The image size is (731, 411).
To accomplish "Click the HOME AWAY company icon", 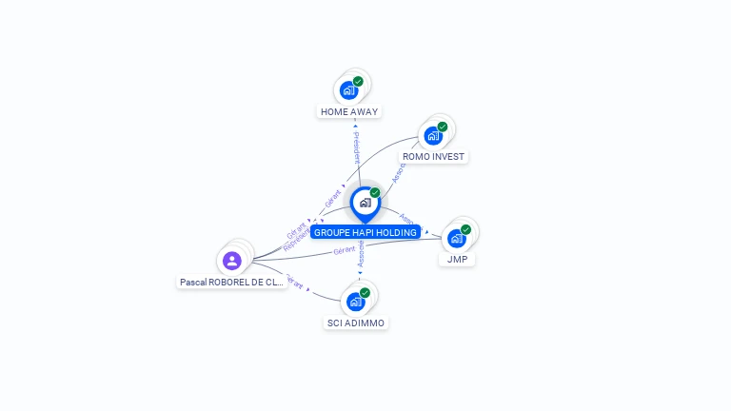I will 348,91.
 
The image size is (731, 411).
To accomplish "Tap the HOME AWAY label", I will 349,111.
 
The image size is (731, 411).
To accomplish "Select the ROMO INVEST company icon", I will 433,136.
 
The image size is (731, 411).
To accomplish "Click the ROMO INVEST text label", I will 434,156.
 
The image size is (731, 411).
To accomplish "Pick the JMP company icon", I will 457,239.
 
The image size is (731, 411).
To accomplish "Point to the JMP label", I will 457,259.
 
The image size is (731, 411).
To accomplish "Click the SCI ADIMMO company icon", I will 355,303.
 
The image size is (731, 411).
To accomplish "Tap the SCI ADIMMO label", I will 355,323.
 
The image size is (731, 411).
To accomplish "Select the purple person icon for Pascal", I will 232,261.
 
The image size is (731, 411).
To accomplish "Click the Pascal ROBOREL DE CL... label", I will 232,282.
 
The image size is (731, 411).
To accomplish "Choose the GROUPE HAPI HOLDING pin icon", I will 365,203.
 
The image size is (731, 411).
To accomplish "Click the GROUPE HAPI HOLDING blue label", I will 365,232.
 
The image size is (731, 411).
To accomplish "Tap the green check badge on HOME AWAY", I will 358,81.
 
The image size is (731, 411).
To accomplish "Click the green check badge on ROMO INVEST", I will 443,127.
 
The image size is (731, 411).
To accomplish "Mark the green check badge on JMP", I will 466,229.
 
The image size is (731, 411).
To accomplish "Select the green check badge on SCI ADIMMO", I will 365,293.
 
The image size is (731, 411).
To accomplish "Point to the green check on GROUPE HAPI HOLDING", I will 375,193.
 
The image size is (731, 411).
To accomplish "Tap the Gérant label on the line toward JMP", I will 344,250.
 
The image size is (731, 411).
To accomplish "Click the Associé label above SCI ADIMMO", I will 361,254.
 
